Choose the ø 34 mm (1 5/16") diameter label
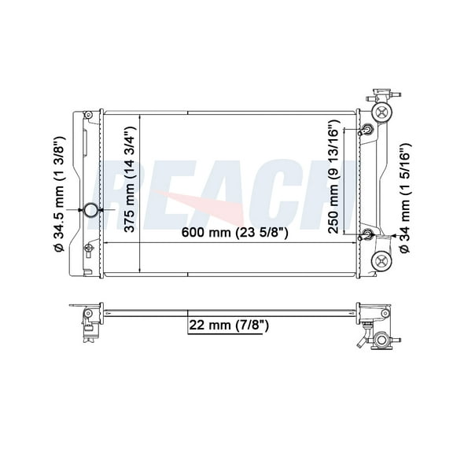pos(405,197)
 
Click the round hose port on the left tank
pos(90,211)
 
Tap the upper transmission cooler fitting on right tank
pos(367,131)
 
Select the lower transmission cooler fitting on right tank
pos(367,234)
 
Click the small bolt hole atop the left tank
pos(88,116)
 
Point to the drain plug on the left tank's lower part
pos(88,250)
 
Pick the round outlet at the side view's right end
pos(382,341)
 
